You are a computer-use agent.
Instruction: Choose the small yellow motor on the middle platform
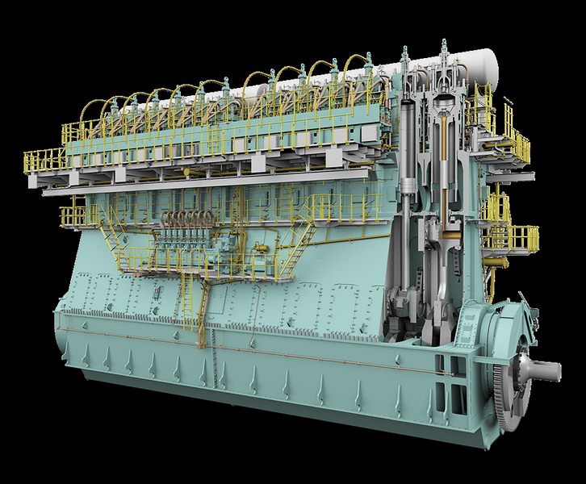pos(260,247)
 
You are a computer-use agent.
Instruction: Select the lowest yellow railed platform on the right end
pos(512,238)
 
